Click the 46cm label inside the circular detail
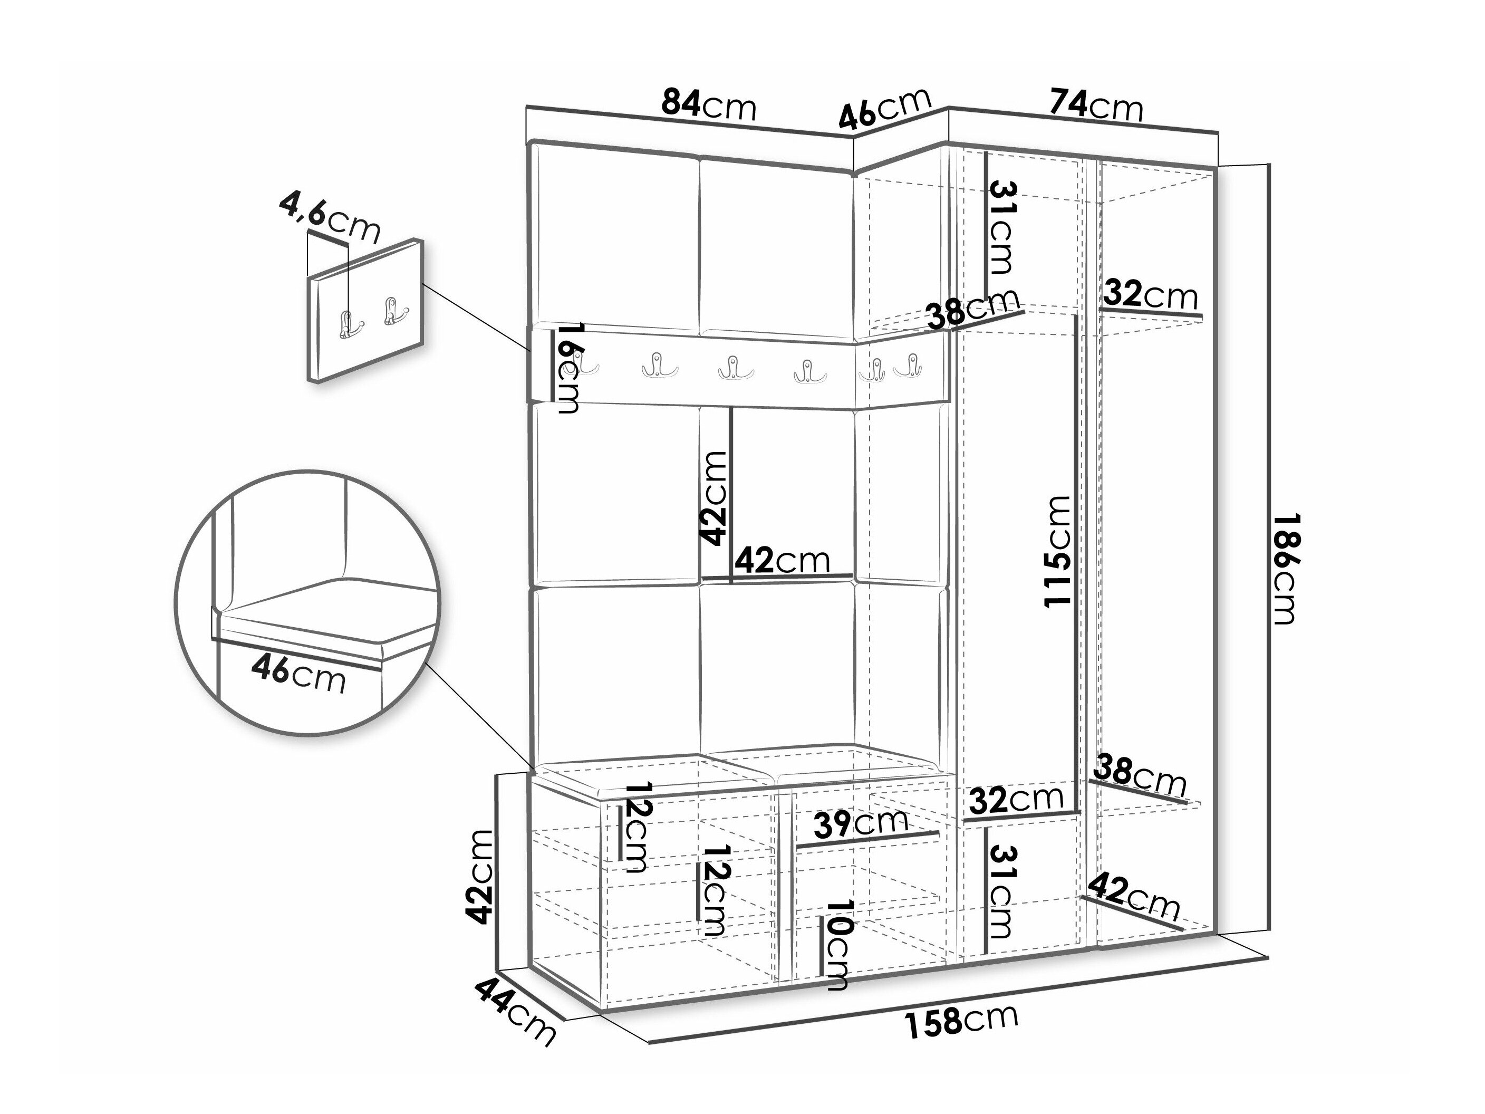pos(299,674)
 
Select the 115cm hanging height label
pos(1057,551)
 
